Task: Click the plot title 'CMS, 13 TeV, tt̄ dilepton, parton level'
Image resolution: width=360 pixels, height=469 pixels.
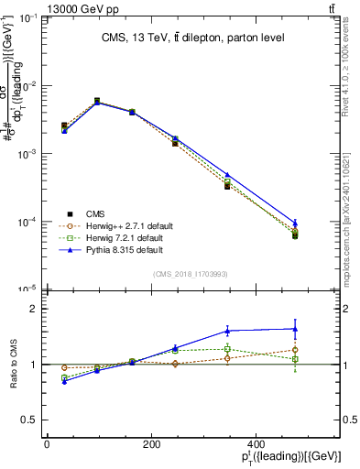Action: click(x=192, y=38)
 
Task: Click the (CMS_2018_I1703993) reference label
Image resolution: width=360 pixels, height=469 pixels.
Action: click(x=191, y=273)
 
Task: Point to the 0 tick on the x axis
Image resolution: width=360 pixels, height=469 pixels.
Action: click(x=47, y=444)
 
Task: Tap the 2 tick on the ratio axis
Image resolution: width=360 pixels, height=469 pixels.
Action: click(x=35, y=309)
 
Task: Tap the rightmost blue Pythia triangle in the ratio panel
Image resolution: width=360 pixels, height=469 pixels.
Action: click(x=295, y=329)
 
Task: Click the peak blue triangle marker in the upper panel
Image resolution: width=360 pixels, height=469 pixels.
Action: click(x=97, y=103)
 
